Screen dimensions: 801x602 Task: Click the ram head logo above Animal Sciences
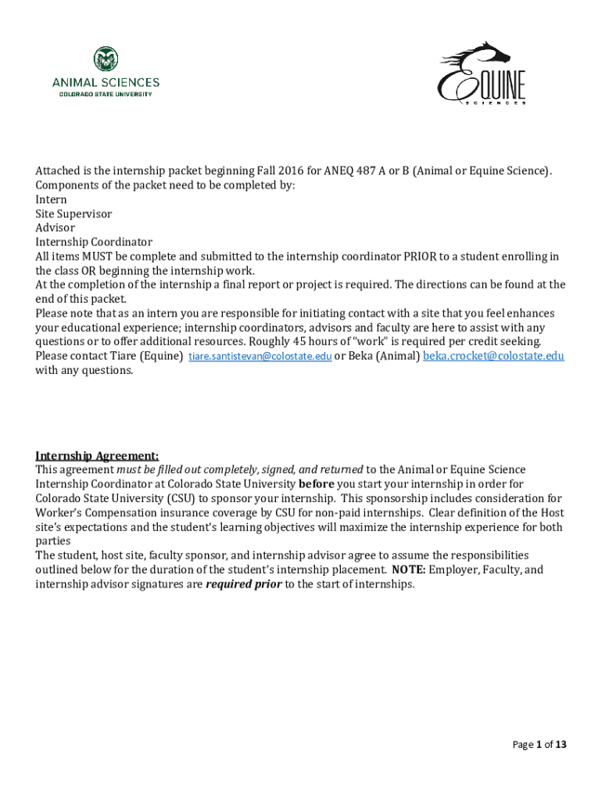(x=106, y=59)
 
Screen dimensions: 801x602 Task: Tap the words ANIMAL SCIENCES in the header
(x=106, y=82)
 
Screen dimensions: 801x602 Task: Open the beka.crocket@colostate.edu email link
(x=493, y=356)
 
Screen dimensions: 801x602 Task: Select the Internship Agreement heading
(x=97, y=456)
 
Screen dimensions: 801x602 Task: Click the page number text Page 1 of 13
(x=539, y=745)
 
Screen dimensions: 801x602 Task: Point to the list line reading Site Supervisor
(x=73, y=214)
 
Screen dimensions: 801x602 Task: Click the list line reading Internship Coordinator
(x=94, y=242)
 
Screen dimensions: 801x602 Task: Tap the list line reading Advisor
(x=55, y=228)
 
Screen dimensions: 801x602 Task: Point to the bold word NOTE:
(x=409, y=569)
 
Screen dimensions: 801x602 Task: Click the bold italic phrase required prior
(x=243, y=584)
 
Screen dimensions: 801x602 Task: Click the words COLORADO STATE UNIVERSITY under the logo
(x=106, y=94)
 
